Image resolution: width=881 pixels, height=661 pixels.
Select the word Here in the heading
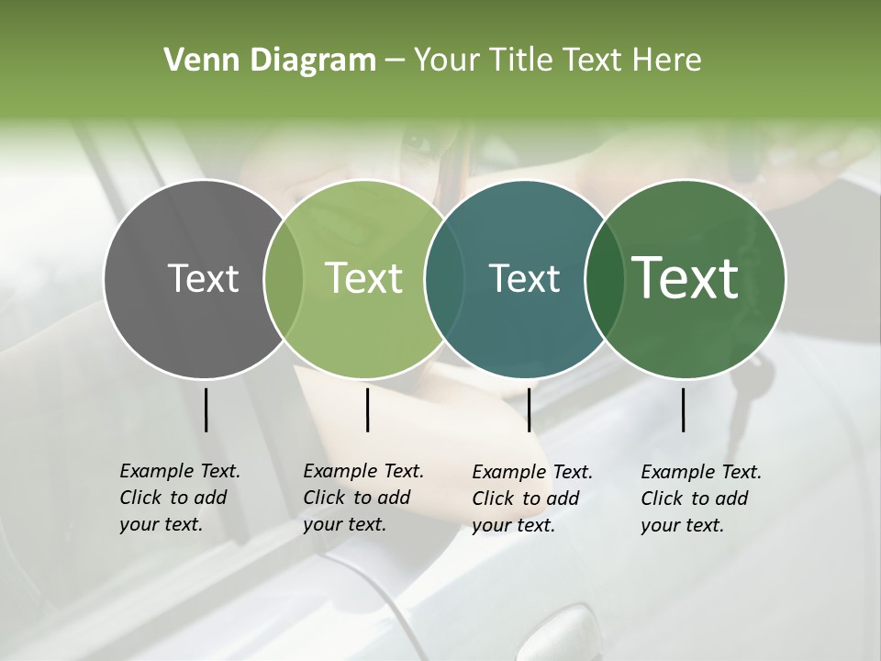667,61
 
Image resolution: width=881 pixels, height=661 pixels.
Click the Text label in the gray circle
203,278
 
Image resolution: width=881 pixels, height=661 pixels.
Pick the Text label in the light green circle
363,278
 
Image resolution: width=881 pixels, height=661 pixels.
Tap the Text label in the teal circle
524,278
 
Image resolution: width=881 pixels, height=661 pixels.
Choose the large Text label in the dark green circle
686,278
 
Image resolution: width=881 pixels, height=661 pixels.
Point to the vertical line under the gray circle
206,409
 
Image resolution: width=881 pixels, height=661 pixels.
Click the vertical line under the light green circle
367,409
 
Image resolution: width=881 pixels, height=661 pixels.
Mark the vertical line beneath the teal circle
529,409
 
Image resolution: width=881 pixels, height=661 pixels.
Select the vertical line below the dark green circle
683,409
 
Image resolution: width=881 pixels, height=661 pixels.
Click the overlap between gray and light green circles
284,279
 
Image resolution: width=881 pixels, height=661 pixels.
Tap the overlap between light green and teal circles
444,279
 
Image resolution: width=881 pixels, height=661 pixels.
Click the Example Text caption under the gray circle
179,498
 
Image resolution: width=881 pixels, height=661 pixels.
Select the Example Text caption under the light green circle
362,498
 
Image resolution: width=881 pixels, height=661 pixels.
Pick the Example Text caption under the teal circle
531,499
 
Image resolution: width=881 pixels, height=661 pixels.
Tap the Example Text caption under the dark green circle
700,499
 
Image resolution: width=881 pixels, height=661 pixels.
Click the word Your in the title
447,61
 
